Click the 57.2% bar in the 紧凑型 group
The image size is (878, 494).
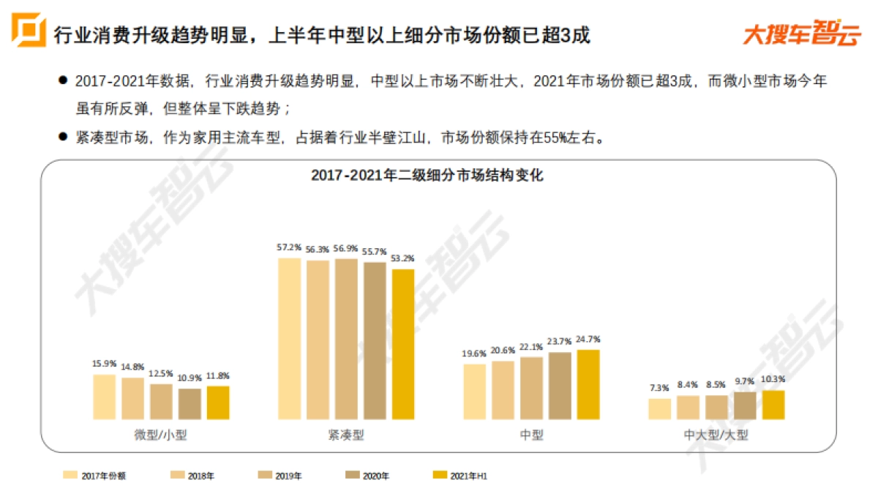(290, 339)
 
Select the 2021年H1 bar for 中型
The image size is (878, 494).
(588, 384)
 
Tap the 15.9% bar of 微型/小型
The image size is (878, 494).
(105, 397)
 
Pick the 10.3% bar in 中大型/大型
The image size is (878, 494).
(773, 405)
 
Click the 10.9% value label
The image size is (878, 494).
(190, 378)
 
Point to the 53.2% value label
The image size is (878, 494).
(403, 258)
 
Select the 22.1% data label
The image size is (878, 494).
(531, 347)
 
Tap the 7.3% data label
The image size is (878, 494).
(659, 388)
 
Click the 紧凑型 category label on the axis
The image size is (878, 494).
(346, 435)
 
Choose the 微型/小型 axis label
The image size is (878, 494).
(161, 435)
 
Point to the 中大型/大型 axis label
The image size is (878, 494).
(716, 435)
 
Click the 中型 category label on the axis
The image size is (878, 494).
(531, 435)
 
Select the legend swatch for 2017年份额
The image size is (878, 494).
(70, 475)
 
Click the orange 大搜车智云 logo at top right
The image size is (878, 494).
(801, 33)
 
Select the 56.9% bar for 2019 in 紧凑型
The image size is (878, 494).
(346, 339)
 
